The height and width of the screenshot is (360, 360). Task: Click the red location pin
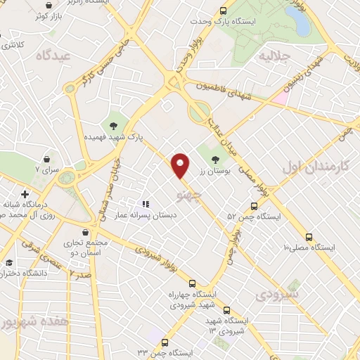(x=181, y=165)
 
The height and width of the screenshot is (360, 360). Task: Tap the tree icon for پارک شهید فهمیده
(x=112, y=126)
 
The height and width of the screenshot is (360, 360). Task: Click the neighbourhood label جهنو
(x=190, y=191)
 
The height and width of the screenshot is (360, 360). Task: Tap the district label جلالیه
(x=275, y=55)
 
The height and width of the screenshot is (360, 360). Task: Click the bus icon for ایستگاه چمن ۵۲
(x=255, y=207)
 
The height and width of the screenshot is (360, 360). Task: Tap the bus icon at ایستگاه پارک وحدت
(x=223, y=11)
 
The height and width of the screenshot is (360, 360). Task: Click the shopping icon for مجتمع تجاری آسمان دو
(x=85, y=231)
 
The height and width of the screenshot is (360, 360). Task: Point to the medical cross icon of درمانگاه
(x=25, y=193)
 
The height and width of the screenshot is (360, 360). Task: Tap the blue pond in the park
(x=300, y=23)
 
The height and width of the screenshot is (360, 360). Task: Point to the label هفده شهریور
(x=25, y=322)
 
